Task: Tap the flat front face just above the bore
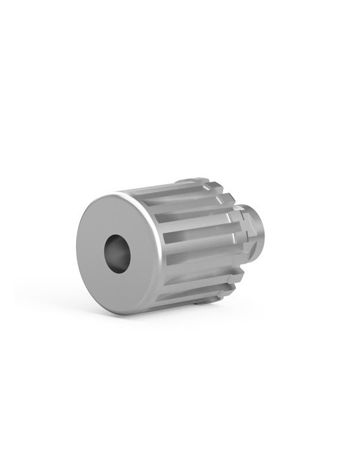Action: [120, 217]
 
